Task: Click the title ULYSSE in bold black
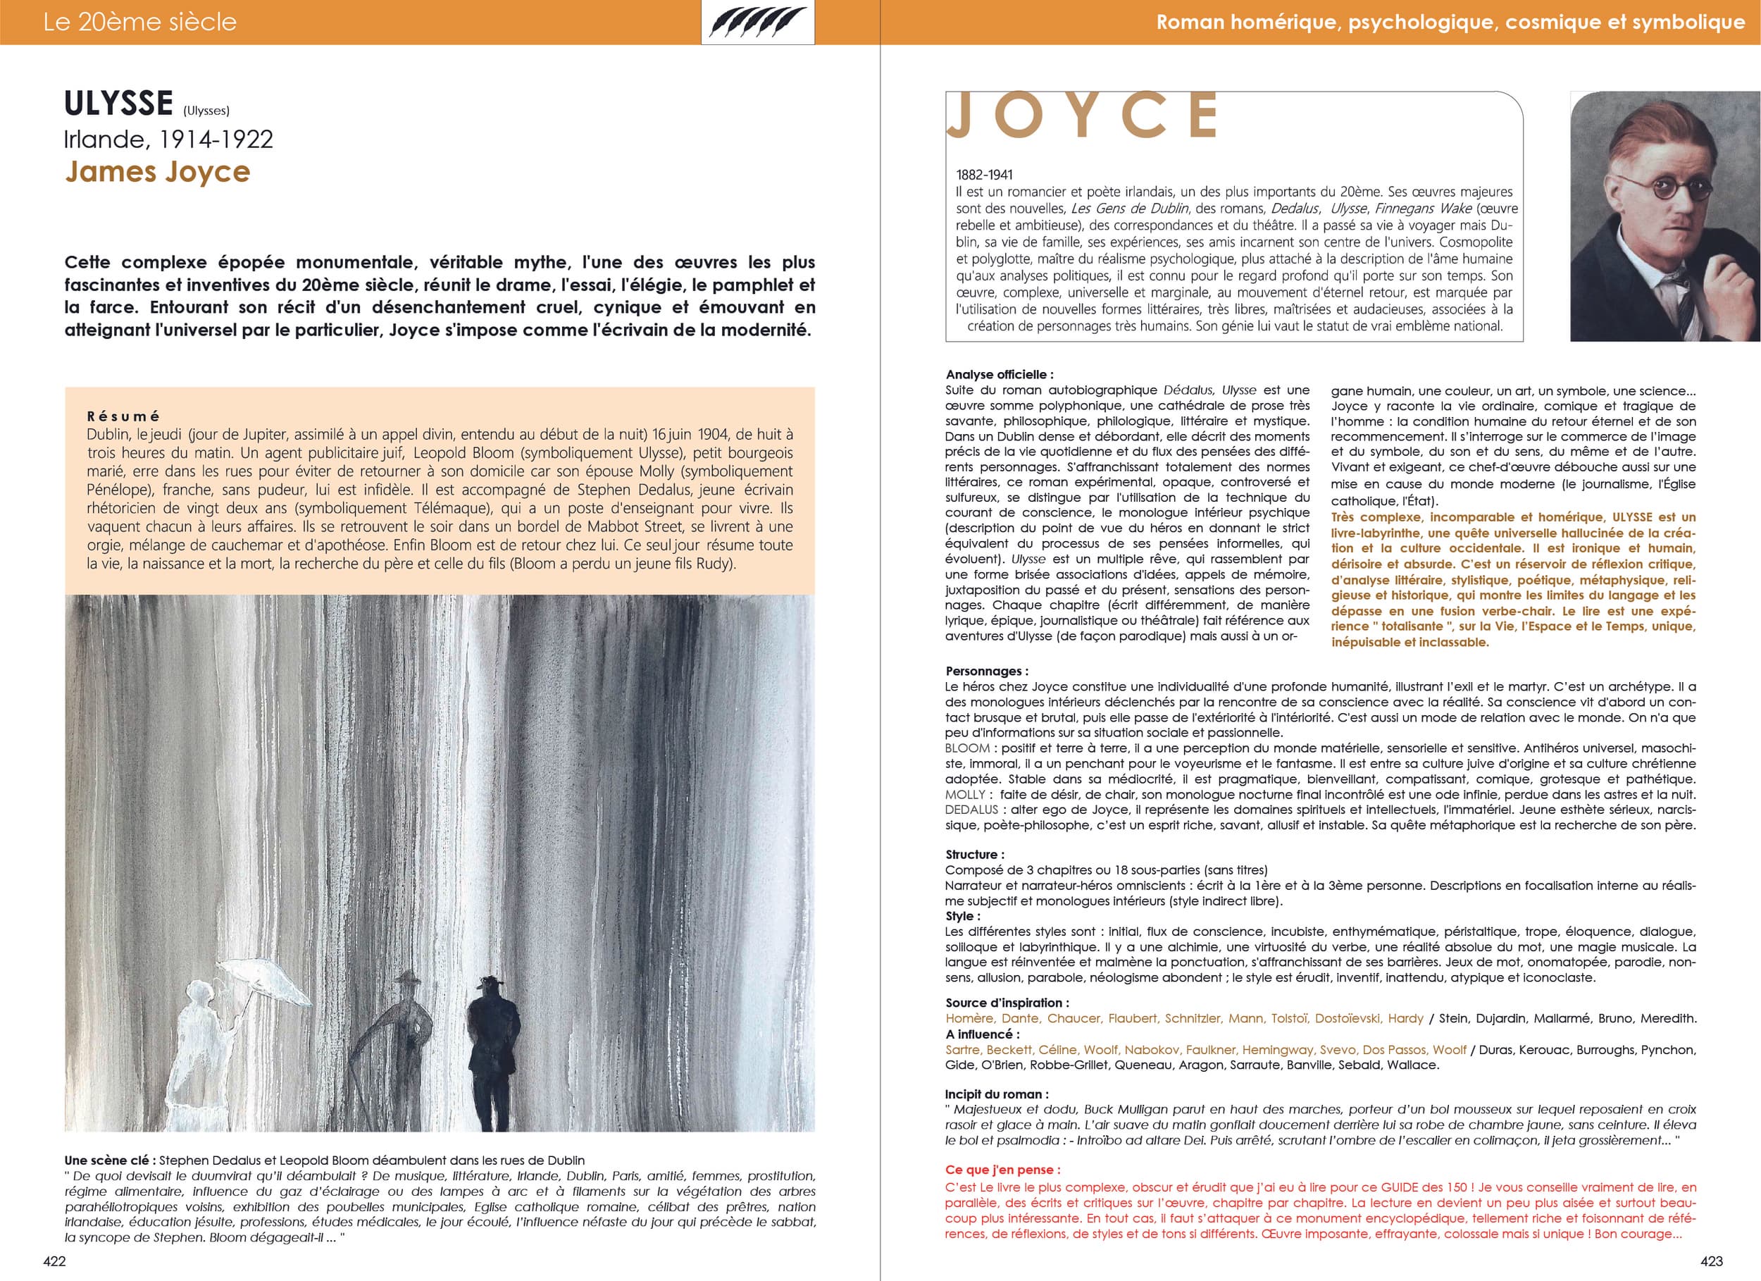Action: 118,104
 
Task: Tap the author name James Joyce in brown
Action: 157,172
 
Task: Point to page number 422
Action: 54,1261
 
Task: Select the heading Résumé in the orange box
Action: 123,416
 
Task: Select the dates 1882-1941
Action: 984,175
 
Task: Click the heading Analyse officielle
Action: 1000,374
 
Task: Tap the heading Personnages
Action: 986,672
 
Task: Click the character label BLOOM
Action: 966,748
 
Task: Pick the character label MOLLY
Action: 965,795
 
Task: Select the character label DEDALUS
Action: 971,810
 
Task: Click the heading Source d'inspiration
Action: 1007,1003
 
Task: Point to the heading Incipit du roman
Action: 996,1094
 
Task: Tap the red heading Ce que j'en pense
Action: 1002,1169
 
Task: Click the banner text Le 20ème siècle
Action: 139,23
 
